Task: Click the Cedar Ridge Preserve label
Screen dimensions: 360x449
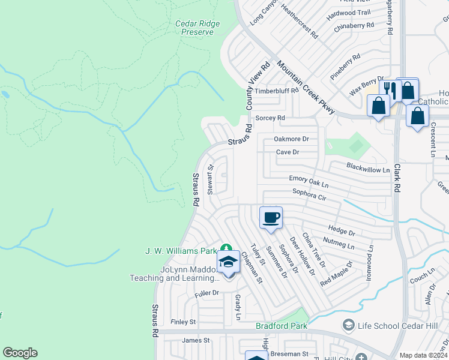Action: pos(197,28)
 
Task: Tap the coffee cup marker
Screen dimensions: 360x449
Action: pos(271,217)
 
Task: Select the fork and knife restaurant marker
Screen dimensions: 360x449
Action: pos(390,91)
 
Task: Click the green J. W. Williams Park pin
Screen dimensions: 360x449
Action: pos(226,248)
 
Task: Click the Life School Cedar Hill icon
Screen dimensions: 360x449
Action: pos(348,325)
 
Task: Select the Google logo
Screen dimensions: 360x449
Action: pos(20,353)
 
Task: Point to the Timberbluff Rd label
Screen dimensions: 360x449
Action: pos(277,91)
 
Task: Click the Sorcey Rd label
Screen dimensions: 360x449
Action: pos(270,118)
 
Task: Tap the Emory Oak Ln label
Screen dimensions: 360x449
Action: pos(309,181)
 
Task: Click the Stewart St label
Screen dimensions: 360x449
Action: pos(210,180)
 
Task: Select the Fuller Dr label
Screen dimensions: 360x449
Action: pos(207,293)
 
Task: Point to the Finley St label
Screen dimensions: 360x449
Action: pos(184,322)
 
